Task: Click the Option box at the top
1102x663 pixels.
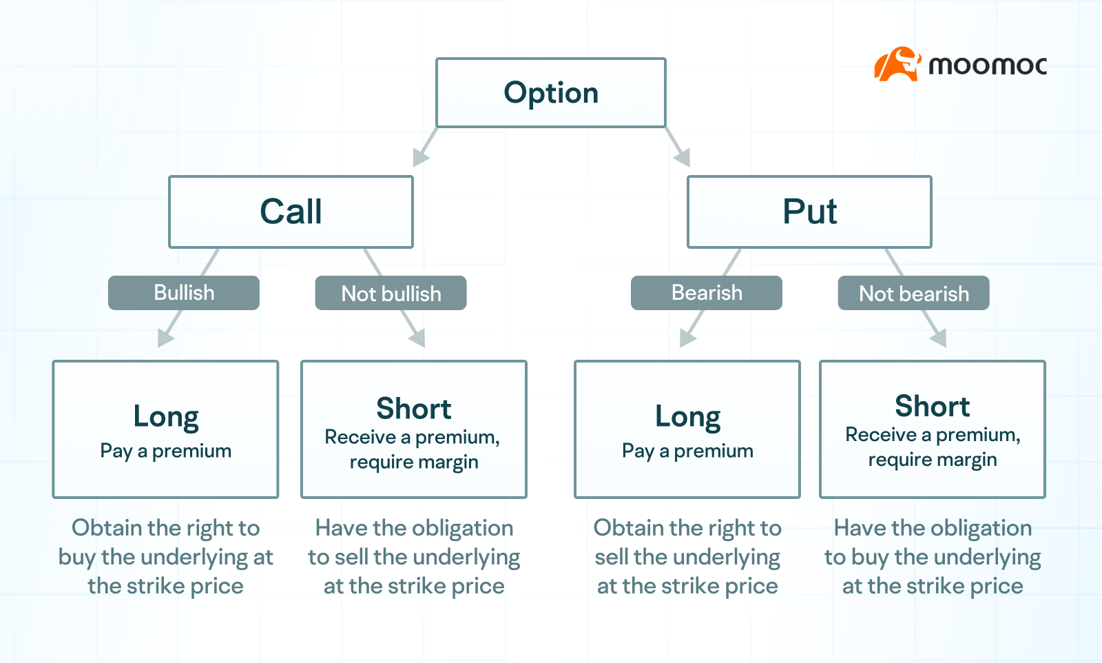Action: click(551, 93)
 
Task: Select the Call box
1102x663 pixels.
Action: click(291, 212)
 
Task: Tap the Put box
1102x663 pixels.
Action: click(809, 212)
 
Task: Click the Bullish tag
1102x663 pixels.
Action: click(184, 293)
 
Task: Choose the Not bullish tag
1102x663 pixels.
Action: click(391, 294)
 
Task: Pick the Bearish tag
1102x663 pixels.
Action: click(707, 293)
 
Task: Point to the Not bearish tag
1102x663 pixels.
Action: click(913, 294)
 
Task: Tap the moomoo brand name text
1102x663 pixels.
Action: click(987, 66)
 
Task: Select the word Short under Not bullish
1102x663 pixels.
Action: click(413, 409)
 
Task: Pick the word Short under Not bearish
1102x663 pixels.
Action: click(932, 406)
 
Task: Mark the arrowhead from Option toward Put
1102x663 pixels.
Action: click(683, 158)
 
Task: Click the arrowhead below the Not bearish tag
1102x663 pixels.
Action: click(939, 338)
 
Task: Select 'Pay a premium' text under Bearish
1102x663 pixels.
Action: click(687, 451)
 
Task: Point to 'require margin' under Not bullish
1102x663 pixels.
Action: click(413, 462)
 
